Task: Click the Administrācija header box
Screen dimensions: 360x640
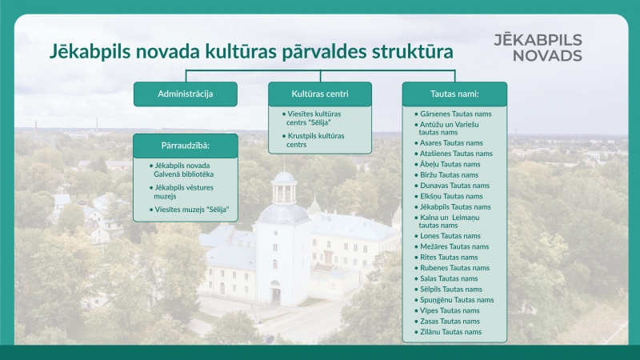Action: point(186,94)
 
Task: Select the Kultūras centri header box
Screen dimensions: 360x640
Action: point(320,94)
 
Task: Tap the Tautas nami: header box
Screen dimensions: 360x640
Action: point(454,94)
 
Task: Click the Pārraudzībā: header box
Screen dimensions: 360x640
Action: point(186,146)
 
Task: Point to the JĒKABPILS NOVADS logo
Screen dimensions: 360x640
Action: point(538,47)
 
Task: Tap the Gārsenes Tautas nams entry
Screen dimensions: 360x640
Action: point(455,114)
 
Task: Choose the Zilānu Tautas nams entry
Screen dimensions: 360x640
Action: point(450,331)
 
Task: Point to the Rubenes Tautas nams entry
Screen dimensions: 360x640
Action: point(454,268)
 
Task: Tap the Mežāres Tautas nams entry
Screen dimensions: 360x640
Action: point(454,246)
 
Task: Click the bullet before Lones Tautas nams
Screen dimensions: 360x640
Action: point(416,237)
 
